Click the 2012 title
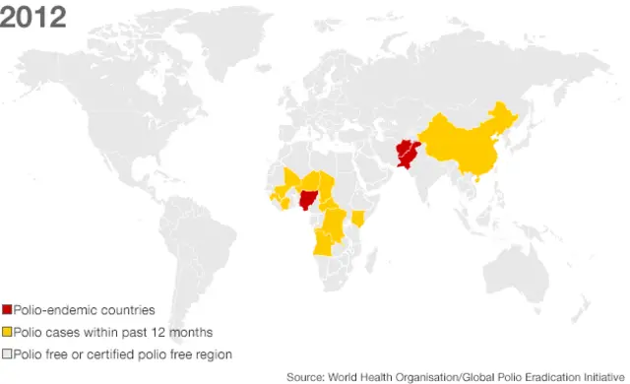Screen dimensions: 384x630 tap(33, 17)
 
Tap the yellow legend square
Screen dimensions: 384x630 tap(8, 332)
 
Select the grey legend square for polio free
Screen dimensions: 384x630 tap(8, 352)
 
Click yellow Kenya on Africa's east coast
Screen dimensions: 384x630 tap(358, 217)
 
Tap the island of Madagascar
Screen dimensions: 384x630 tap(372, 259)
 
